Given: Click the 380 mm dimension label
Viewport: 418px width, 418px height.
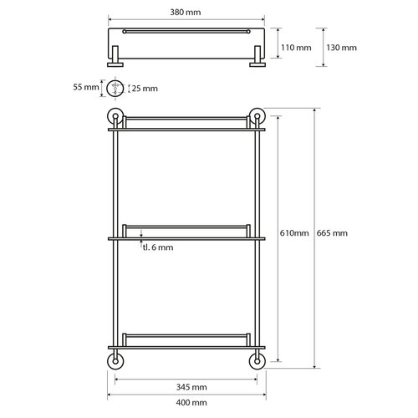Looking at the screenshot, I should tap(186, 14).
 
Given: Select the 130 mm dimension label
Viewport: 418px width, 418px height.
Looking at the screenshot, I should tap(342, 48).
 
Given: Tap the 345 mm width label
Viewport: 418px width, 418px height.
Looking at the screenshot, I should tap(186, 387).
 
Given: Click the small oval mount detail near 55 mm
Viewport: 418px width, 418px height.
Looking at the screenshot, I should tap(115, 87).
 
